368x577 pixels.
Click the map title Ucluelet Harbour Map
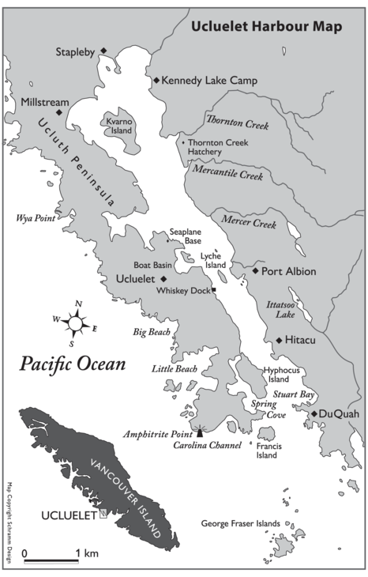266,27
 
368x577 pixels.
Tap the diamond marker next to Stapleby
103,52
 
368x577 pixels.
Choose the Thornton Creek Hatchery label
214,147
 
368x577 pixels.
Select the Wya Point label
35,217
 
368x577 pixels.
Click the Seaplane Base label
186,236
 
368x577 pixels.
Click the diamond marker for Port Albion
256,271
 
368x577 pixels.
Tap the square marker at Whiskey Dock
214,290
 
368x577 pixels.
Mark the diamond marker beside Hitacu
279,341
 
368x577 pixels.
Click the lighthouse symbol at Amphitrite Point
200,430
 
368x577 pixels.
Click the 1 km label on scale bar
87,552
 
